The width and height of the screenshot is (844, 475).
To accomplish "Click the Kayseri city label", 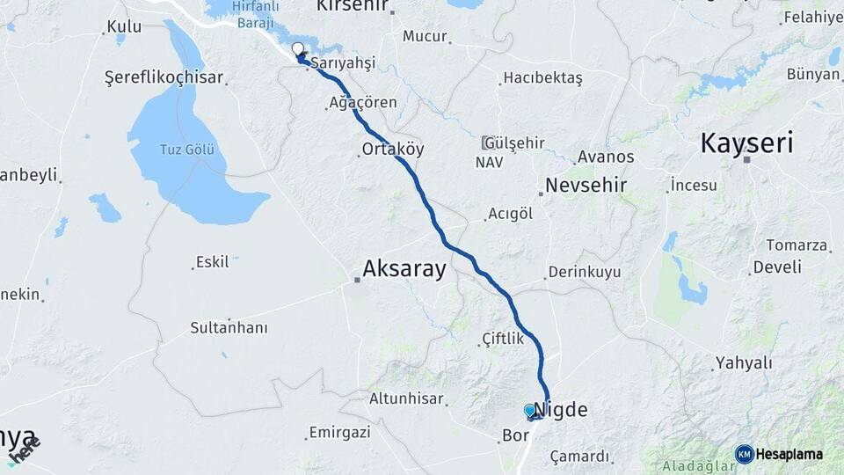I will pos(746,143).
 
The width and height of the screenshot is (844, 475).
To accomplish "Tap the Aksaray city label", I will pos(404,269).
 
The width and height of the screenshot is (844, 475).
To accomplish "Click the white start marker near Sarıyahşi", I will pos(298,49).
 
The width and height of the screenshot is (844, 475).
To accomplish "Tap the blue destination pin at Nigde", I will pos(529,410).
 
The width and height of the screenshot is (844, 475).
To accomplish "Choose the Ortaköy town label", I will pos(393,150).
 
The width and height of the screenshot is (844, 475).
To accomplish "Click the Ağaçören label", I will pos(362,103).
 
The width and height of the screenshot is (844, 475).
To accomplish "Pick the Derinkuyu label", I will pos(584,273).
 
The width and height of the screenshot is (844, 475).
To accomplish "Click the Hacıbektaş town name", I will pos(542,78).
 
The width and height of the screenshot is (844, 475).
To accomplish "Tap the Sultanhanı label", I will pos(229,328).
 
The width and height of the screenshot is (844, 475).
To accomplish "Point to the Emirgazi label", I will pos(339,433).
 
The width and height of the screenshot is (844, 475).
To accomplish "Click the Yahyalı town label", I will pos(743,362).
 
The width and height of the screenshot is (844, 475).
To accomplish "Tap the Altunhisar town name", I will pos(406,398).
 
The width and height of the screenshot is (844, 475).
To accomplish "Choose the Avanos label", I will pos(605,157).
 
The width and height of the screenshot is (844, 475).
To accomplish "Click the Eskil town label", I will pos(213,261).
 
